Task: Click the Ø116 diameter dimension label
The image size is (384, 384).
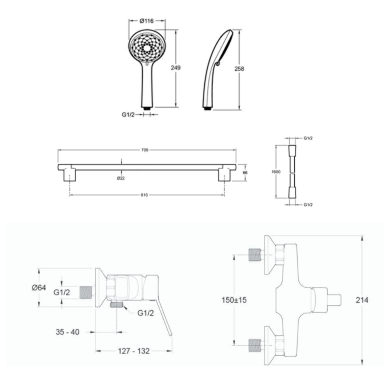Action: (x=147, y=21)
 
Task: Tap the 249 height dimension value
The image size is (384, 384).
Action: (x=175, y=68)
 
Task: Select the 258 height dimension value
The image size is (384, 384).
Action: (x=239, y=69)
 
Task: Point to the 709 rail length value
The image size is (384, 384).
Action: (x=145, y=150)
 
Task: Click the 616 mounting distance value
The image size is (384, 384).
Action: (x=144, y=195)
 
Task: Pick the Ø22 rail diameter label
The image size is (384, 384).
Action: (x=121, y=178)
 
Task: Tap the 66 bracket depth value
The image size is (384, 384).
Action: (x=245, y=173)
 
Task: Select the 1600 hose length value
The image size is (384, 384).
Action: (x=276, y=172)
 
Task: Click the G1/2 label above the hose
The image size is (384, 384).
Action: (x=308, y=138)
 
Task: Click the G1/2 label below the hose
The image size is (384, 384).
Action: (x=308, y=205)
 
